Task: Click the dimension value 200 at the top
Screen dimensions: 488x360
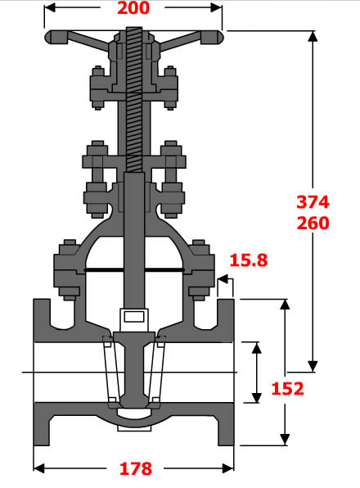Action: pyautogui.click(x=133, y=9)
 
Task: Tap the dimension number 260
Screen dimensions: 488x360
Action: pyautogui.click(x=313, y=223)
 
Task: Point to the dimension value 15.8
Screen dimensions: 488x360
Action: pyautogui.click(x=248, y=261)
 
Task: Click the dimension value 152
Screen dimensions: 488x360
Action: pyautogui.click(x=287, y=388)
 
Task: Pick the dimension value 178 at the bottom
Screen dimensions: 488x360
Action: pyautogui.click(x=135, y=468)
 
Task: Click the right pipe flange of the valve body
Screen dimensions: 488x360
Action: pyautogui.click(x=227, y=373)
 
